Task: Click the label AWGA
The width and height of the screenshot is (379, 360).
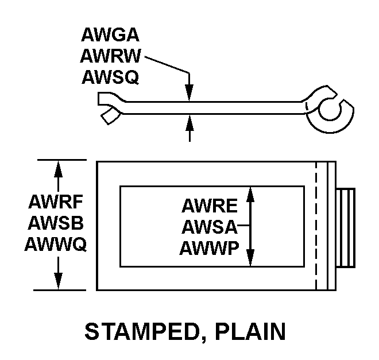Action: [x=110, y=36]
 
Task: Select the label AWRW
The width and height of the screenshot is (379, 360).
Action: [x=111, y=56]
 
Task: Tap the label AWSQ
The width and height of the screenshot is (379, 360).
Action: [x=110, y=76]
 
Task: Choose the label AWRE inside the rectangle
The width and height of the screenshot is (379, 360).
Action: [x=210, y=206]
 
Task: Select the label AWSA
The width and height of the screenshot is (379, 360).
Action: [x=210, y=227]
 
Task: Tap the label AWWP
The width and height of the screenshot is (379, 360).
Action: [x=210, y=248]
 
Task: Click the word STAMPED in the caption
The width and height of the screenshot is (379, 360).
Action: [x=143, y=332]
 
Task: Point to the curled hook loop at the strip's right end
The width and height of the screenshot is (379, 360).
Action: [x=331, y=109]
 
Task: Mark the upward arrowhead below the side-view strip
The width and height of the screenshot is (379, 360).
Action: [x=189, y=122]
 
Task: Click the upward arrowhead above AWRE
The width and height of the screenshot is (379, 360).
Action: [x=250, y=194]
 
